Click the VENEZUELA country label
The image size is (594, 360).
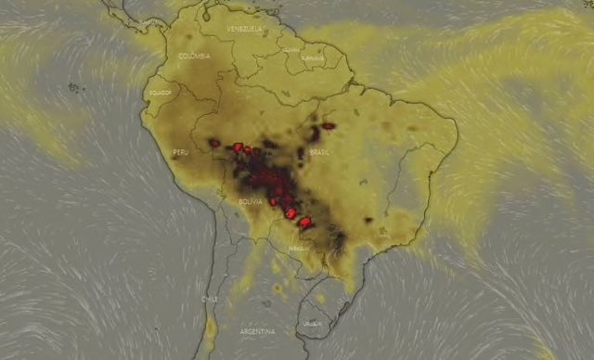click(244, 30)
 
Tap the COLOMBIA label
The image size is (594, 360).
click(196, 56)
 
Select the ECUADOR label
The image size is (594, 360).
click(159, 93)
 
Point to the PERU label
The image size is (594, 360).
click(181, 152)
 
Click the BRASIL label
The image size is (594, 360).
click(319, 151)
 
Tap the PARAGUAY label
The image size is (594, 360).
click(299, 249)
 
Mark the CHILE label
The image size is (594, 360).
click(211, 299)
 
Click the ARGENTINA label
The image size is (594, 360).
click(257, 331)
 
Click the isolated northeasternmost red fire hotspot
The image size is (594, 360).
click(328, 125)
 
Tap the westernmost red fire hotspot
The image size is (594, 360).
click(214, 143)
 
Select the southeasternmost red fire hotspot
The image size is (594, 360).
click(304, 223)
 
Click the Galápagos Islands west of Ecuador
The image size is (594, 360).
click(73, 88)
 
